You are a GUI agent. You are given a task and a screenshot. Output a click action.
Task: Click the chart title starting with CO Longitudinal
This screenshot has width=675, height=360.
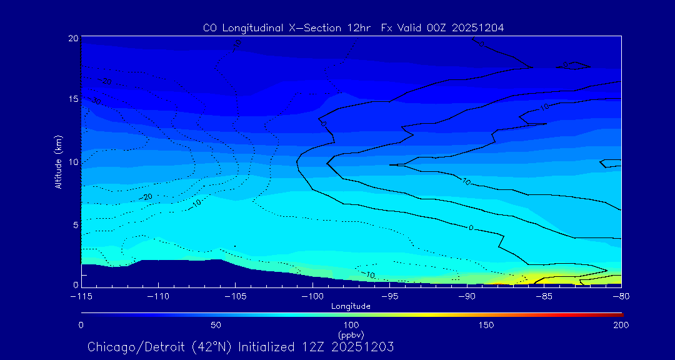(x=353, y=27)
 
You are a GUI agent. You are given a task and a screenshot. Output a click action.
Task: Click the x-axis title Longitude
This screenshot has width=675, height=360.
(x=351, y=306)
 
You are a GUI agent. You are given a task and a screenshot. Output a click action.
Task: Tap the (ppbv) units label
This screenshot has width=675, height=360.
(x=351, y=334)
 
